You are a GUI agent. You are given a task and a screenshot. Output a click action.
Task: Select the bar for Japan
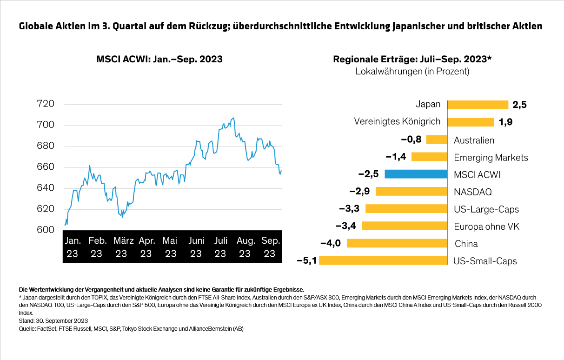478,105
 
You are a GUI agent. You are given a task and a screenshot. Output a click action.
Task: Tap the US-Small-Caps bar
383,260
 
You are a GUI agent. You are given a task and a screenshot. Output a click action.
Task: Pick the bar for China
397,243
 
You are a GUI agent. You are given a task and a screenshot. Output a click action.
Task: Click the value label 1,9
506,122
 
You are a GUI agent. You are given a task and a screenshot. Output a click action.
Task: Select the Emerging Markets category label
491,157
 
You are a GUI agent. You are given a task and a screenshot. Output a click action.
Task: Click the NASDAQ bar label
472,192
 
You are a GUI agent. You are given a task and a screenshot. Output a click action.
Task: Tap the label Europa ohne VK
486,227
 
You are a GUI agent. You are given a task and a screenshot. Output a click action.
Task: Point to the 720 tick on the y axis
46,104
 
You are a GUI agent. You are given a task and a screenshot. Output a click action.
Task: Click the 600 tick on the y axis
46,230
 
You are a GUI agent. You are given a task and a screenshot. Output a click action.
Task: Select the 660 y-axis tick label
46,167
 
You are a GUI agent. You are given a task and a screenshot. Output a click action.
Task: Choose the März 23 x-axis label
121,247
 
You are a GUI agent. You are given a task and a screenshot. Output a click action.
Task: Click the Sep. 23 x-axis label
270,247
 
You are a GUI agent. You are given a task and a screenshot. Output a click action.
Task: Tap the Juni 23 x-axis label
196,247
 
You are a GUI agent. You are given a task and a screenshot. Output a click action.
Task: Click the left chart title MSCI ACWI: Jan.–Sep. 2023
159,60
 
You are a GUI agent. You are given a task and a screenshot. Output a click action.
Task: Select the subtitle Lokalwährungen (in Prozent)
412,72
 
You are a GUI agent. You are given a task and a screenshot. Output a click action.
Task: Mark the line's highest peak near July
233,118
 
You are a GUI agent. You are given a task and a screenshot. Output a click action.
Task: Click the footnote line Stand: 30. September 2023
53,321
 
